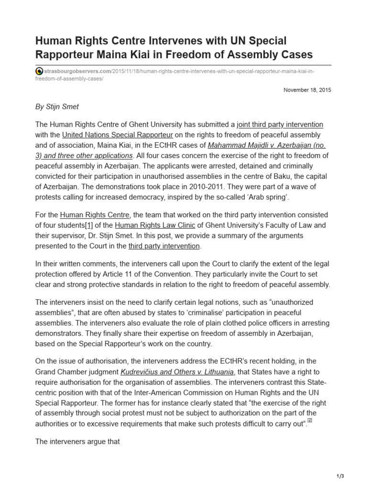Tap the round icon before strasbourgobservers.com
click(x=39, y=71)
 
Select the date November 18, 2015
click(x=307, y=90)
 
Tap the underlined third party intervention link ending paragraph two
click(x=164, y=246)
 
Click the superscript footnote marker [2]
click(x=310, y=420)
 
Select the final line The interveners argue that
click(x=77, y=442)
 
